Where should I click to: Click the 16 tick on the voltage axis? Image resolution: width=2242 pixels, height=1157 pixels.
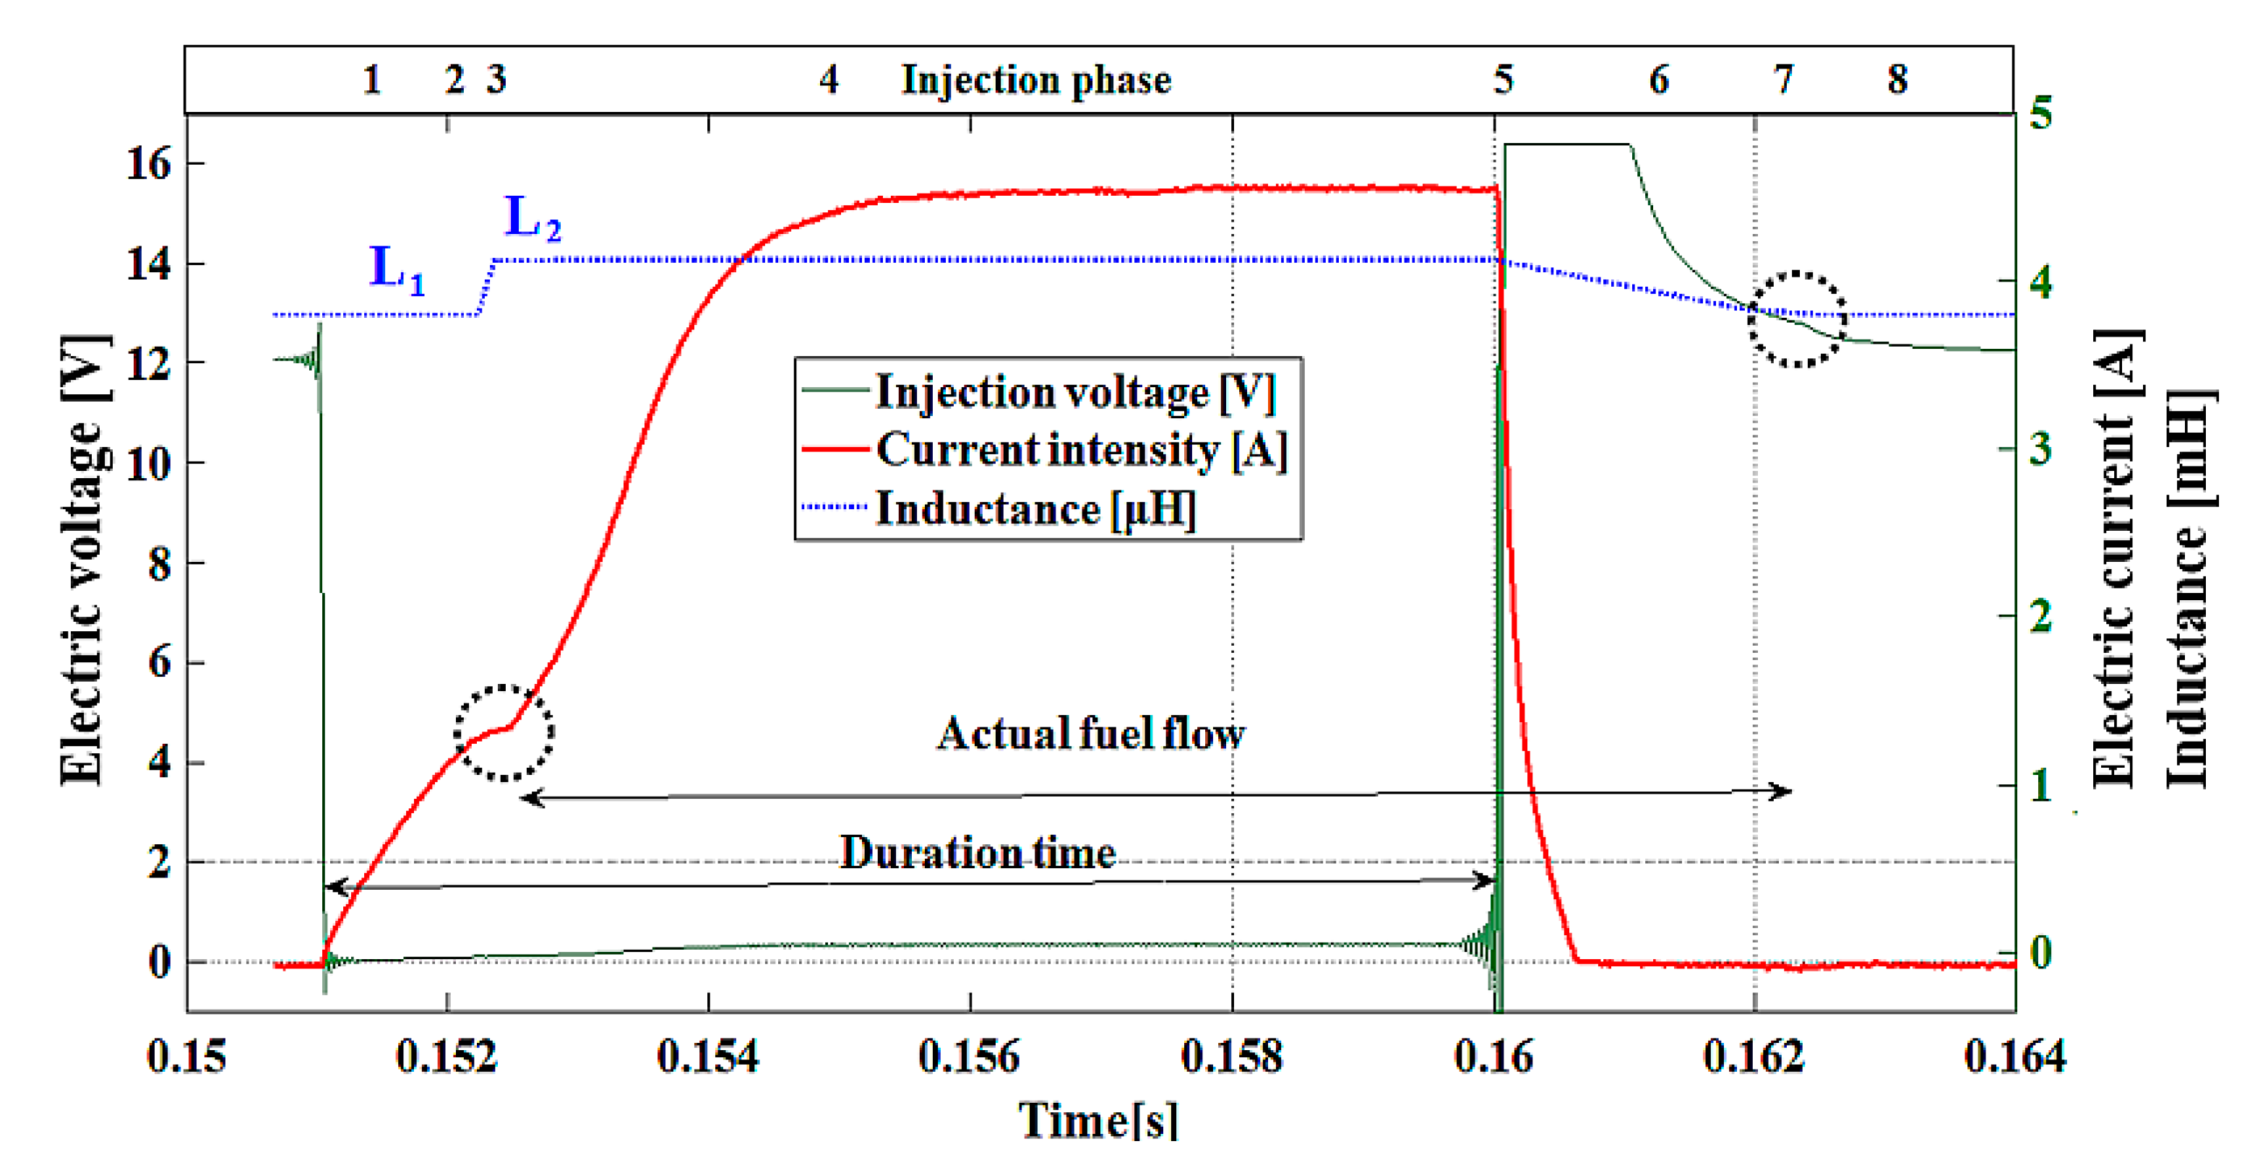tap(149, 163)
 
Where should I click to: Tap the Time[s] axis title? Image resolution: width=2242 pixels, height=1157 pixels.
tap(1098, 1120)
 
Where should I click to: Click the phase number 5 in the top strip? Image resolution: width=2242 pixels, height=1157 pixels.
tap(1503, 80)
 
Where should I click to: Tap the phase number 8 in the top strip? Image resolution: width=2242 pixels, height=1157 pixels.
tap(1897, 80)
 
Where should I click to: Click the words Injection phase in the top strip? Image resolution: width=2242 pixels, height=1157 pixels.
tap(1035, 80)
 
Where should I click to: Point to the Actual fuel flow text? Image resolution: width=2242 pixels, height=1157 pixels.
tap(1090, 733)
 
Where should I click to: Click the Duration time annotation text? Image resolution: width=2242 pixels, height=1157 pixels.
tap(977, 852)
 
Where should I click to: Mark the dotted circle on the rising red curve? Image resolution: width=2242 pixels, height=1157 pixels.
tap(504, 732)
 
